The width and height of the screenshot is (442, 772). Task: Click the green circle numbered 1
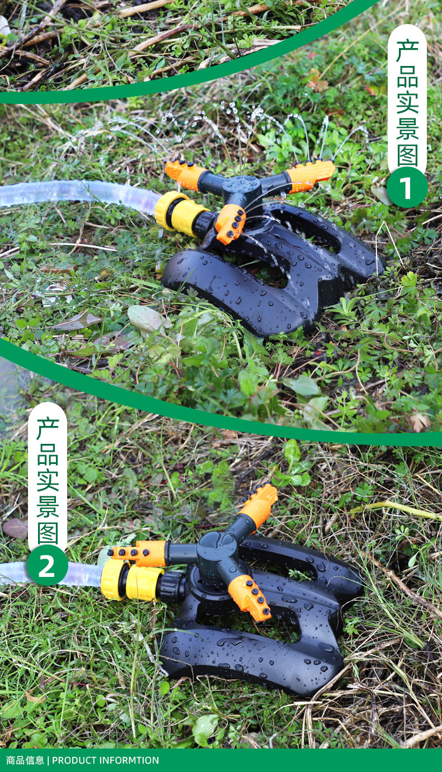pyautogui.click(x=407, y=187)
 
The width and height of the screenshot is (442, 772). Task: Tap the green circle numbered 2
pyautogui.click(x=47, y=565)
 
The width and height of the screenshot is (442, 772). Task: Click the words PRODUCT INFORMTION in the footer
pyautogui.click(x=106, y=760)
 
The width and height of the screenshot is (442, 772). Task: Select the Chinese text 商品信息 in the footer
pyautogui.click(x=25, y=760)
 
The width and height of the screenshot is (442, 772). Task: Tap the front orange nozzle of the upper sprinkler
pyautogui.click(x=231, y=224)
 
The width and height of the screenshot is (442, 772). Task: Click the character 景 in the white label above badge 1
pyautogui.click(x=407, y=129)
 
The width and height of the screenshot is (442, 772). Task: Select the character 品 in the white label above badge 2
pyautogui.click(x=48, y=454)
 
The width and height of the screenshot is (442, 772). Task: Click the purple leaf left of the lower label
pyautogui.click(x=15, y=528)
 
